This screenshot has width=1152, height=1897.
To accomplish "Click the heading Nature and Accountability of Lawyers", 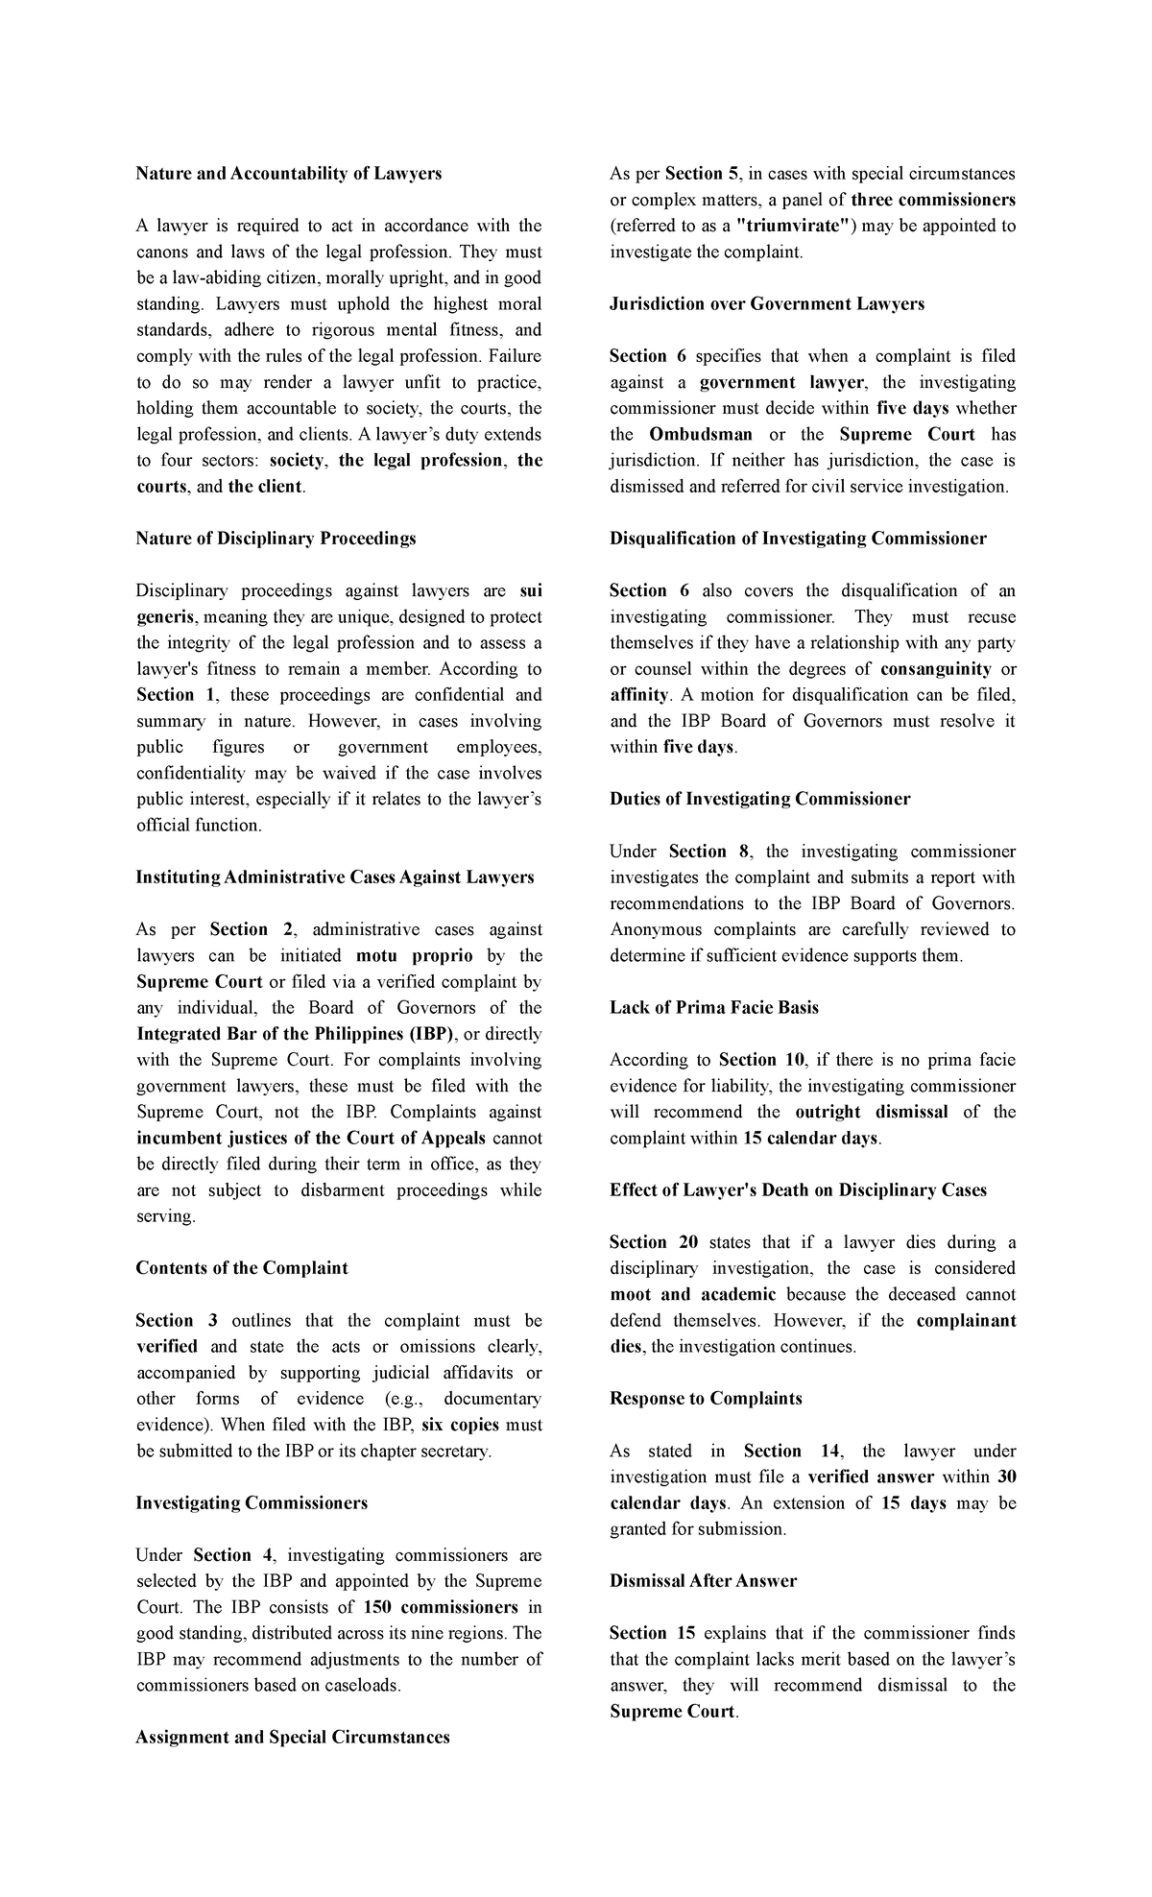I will [x=289, y=174].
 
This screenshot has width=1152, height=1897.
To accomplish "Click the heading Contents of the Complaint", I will [x=242, y=1268].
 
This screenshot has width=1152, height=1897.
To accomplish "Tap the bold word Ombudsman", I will [x=701, y=434].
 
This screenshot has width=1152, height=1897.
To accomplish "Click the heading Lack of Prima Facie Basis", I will [x=714, y=1007].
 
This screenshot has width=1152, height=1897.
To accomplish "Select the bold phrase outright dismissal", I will [x=872, y=1112].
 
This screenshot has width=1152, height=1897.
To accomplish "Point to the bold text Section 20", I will [x=652, y=1242].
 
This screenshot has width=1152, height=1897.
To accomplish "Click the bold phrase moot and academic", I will [x=693, y=1294].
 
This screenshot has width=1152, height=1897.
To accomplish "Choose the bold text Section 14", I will [x=784, y=1451].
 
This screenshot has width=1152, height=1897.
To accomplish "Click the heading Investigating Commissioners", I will [x=252, y=1502].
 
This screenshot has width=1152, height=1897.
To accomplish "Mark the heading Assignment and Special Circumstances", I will [x=293, y=1738].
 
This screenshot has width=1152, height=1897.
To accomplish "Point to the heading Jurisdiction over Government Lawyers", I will [x=767, y=304].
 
